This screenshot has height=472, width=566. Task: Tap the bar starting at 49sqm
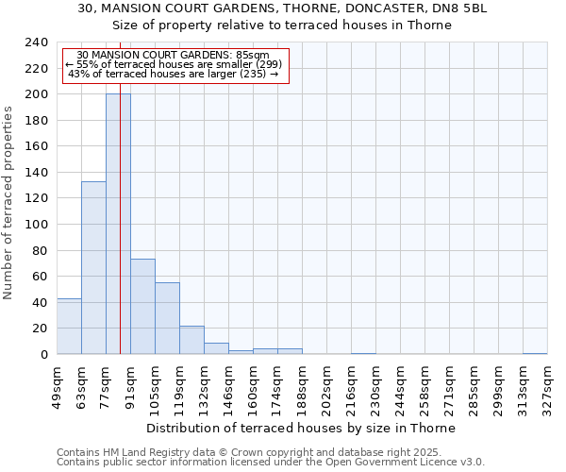coord(69,326)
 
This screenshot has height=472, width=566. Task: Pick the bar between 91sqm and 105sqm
coord(142,306)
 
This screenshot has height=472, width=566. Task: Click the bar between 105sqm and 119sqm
coord(167,318)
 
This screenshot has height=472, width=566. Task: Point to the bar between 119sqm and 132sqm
coord(191,340)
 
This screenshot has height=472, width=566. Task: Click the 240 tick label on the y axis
coord(37,42)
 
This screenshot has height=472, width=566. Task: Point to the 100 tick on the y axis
coord(37,225)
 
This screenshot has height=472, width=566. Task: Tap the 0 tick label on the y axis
coord(43,355)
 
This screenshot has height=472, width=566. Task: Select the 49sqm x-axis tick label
coord(58,387)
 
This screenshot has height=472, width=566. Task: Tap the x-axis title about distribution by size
coord(301,428)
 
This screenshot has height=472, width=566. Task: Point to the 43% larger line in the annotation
coord(174,74)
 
